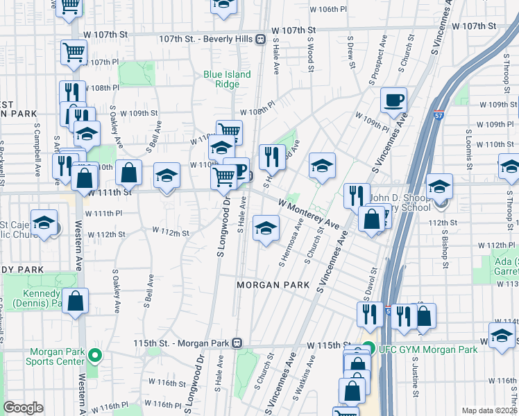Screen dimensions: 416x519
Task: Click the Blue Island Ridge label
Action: coord(221,79)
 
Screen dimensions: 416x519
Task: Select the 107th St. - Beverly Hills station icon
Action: coord(261,40)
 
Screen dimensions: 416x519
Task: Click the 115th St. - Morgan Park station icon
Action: coord(237,343)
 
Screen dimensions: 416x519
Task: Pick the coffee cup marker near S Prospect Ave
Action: coord(393,101)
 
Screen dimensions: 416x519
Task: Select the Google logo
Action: coord(23,408)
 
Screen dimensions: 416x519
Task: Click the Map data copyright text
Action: coord(490,410)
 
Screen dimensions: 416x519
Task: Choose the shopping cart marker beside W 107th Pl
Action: coord(74,52)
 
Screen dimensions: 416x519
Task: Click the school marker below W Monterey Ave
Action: coord(265,227)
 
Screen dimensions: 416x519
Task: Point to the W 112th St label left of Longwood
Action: coord(170,232)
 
